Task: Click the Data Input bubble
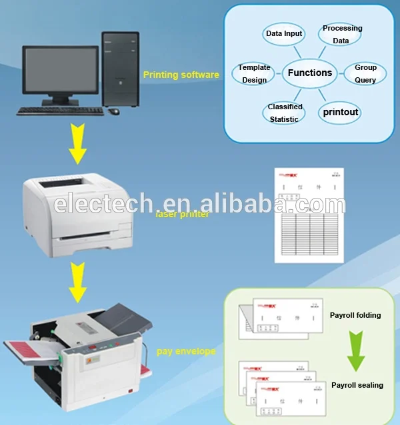point(284,33)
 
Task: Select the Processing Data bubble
point(341,34)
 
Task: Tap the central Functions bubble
point(309,73)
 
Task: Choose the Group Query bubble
point(365,73)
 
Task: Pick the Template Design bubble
point(254,73)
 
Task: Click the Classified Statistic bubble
point(285,113)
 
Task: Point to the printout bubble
point(341,112)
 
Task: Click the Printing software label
point(181,75)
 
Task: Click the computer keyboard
point(60,111)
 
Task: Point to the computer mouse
point(114,111)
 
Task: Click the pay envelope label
point(186,350)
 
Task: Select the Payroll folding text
point(355,314)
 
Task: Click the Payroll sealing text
point(357,385)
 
